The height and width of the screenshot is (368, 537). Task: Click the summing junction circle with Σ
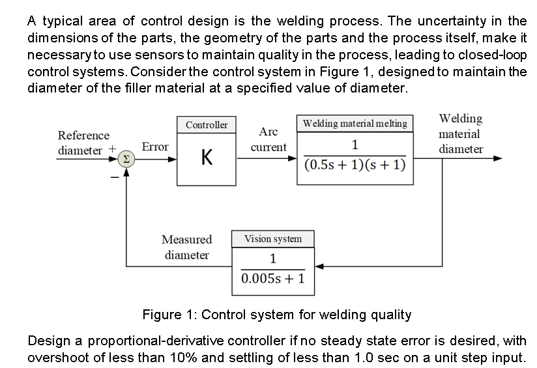click(x=126, y=159)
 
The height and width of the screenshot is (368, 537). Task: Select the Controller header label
click(x=207, y=124)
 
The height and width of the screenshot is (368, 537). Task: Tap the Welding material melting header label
click(x=355, y=123)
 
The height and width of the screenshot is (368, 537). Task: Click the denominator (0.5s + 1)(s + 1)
click(x=355, y=165)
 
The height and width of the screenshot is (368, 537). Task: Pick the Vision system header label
click(x=273, y=239)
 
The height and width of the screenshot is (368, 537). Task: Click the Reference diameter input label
click(x=83, y=143)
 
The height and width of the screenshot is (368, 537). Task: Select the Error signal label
click(x=155, y=147)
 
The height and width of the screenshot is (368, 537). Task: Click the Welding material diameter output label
click(x=460, y=134)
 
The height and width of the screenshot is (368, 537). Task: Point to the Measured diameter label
click(x=187, y=248)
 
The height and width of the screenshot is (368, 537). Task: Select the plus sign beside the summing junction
click(x=112, y=149)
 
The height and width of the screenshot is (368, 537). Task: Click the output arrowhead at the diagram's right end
click(x=499, y=158)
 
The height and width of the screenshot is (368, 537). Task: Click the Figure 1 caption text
click(x=277, y=315)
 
